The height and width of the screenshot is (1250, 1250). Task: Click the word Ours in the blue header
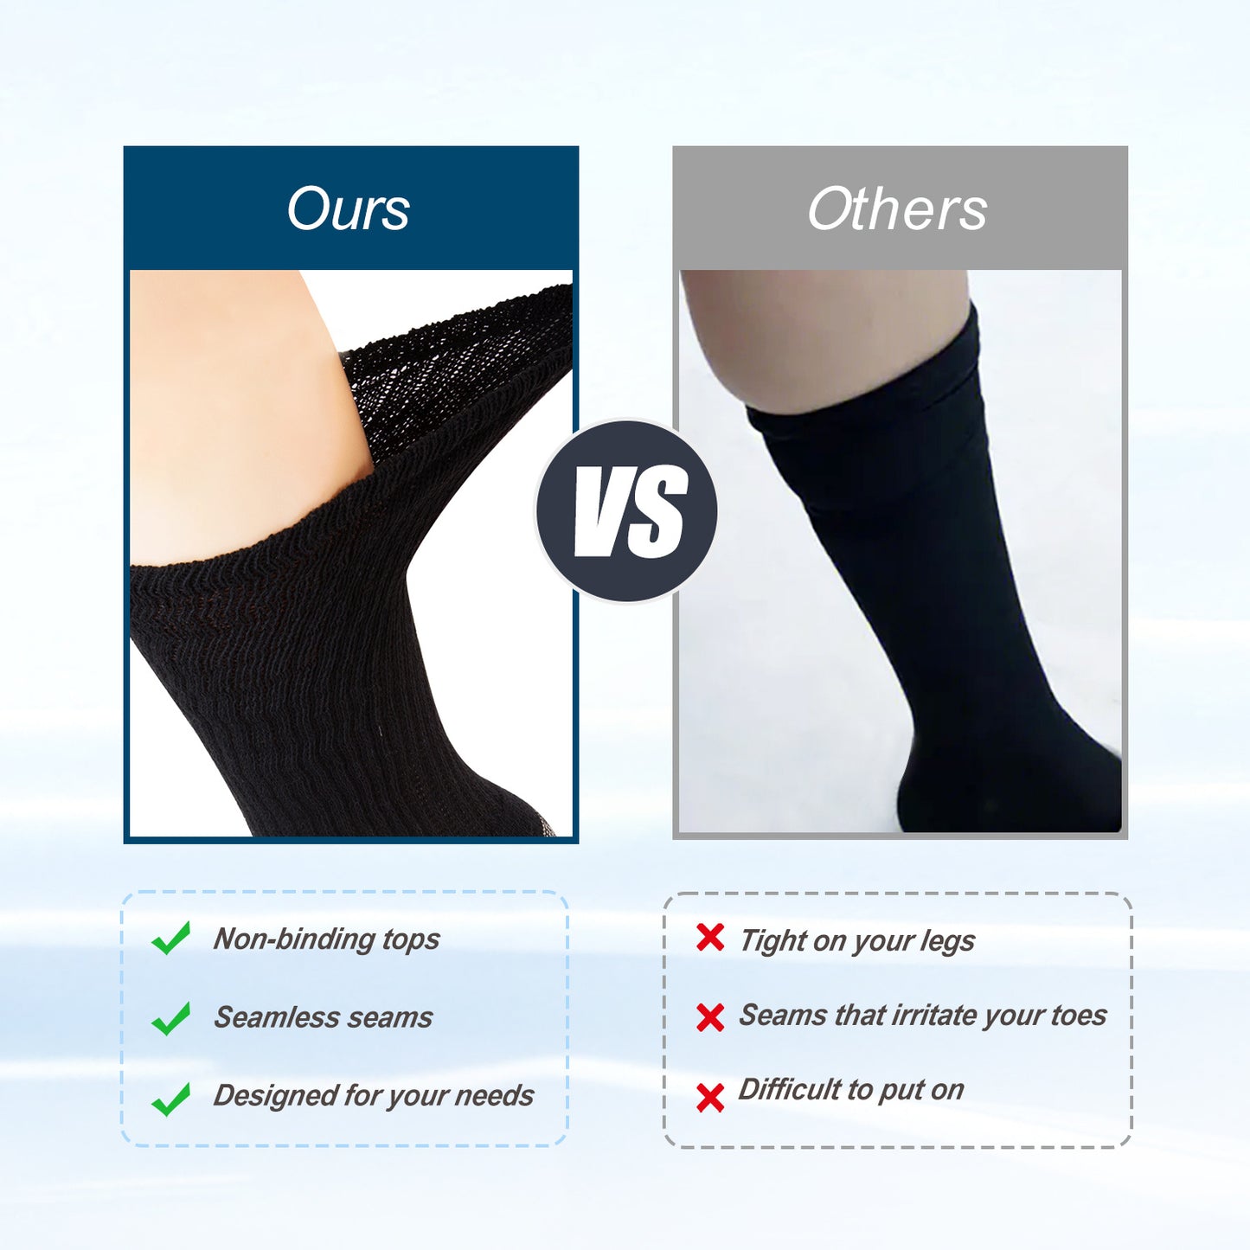tap(348, 209)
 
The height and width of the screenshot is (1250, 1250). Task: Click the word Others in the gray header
tap(897, 209)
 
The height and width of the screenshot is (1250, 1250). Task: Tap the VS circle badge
tap(627, 510)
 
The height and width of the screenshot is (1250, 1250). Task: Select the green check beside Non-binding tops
tap(171, 938)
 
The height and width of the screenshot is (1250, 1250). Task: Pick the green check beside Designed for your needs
tap(171, 1099)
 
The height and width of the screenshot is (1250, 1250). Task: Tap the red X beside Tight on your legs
tap(710, 937)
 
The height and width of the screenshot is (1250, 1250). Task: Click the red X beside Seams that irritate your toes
tap(710, 1017)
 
